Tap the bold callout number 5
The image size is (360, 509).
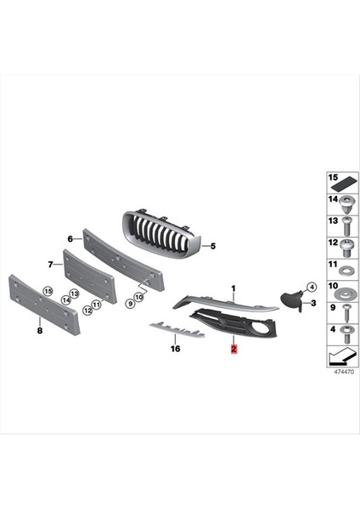click(213, 246)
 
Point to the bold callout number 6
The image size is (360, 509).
click(70, 239)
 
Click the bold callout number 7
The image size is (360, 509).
click(50, 264)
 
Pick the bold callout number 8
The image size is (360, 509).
click(39, 331)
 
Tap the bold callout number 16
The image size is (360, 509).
click(176, 348)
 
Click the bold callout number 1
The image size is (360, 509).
click(233, 289)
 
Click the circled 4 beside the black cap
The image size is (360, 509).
click(312, 287)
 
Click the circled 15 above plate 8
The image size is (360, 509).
click(48, 291)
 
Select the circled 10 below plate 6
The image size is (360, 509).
click(139, 296)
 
